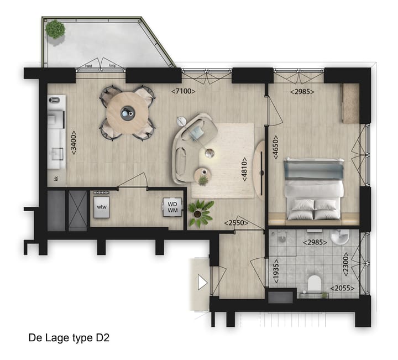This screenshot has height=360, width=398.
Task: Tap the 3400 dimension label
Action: coord(74,143)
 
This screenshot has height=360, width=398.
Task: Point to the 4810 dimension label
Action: coord(243,172)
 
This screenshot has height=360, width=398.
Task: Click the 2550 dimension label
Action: coord(235,223)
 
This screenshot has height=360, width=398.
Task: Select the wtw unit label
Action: coord(102,206)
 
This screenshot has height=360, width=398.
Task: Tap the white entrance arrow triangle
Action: coord(202,283)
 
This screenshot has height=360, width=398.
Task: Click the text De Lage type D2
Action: coord(69,337)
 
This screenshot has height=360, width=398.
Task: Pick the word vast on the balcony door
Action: coord(88,66)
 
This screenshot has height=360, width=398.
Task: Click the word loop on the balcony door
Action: coord(113,66)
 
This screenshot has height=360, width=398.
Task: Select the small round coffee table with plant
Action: coord(203,176)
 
